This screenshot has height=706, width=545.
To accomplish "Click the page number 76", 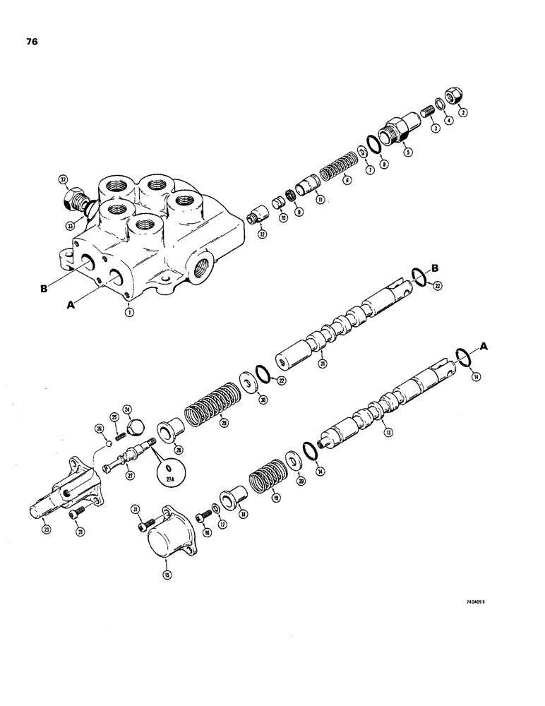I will click(x=31, y=42).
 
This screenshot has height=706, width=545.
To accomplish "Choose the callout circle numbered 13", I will click(x=385, y=433).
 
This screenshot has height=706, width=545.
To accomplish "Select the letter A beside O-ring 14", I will click(x=484, y=346).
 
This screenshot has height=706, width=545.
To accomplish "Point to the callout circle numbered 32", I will click(x=64, y=181).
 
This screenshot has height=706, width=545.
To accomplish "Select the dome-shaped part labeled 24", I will click(x=133, y=426).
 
